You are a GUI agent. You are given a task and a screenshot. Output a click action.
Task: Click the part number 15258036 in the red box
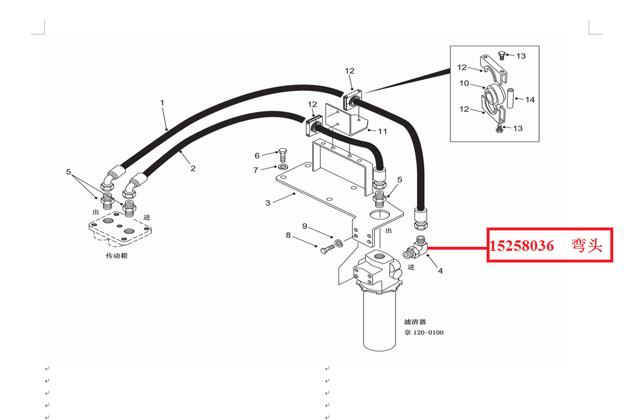522,246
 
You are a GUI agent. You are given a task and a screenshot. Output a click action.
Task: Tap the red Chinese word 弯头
587,245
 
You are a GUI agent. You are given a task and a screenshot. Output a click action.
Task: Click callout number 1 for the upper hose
162,103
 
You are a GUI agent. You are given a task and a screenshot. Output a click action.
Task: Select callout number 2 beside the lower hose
193,169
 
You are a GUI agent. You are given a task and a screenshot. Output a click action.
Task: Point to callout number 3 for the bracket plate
268,203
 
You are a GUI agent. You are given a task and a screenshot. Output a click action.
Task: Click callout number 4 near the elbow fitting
440,271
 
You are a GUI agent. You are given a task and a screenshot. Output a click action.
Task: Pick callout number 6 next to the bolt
257,156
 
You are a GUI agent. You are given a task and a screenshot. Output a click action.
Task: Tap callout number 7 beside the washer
256,170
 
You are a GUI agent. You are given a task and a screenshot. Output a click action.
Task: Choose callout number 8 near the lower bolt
288,235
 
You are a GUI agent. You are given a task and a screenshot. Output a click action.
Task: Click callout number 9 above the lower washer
305,226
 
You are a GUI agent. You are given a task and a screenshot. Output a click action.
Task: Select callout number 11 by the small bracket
382,131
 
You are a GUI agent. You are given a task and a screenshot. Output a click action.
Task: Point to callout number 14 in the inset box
530,100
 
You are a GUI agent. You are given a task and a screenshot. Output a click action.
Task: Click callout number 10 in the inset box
464,83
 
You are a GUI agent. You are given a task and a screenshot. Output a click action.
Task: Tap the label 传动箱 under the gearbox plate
116,256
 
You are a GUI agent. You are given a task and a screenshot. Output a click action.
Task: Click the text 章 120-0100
424,332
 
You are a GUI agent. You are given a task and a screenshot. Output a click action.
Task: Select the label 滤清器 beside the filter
415,322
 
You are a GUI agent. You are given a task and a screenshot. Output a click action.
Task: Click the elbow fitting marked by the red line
415,247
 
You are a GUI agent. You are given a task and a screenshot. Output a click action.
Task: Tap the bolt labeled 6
282,155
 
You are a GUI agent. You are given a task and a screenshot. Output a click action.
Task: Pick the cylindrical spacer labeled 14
510,98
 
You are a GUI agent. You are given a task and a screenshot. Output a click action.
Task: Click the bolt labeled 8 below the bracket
327,249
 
